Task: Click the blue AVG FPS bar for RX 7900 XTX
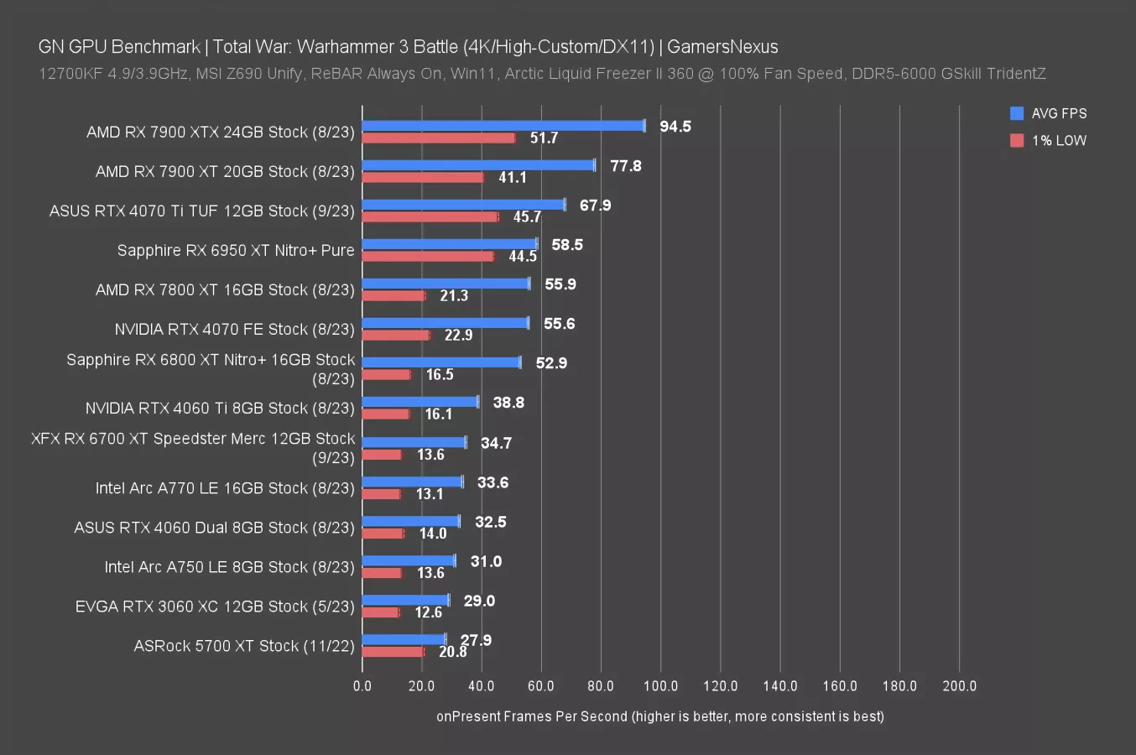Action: click(x=503, y=126)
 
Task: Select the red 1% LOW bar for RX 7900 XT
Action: click(x=423, y=177)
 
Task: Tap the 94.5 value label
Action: click(x=675, y=127)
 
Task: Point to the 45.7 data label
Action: click(x=527, y=217)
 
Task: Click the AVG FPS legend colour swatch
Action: click(x=1017, y=113)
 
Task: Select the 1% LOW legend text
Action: click(x=1059, y=141)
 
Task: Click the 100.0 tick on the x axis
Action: click(x=660, y=686)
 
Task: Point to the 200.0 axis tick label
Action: click(x=959, y=686)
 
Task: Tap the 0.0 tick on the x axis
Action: click(x=362, y=686)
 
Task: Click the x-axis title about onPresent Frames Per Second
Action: click(x=659, y=716)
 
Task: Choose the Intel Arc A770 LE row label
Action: click(x=225, y=488)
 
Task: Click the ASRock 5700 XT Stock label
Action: click(x=244, y=646)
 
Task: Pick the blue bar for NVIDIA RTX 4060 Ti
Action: click(x=419, y=402)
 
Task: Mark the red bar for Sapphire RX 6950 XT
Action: click(x=428, y=256)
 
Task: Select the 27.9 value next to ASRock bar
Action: click(x=476, y=640)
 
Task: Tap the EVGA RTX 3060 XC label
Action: click(x=215, y=607)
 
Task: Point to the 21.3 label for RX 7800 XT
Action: click(x=454, y=296)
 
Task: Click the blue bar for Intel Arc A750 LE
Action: click(x=409, y=560)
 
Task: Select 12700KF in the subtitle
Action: click(x=70, y=74)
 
